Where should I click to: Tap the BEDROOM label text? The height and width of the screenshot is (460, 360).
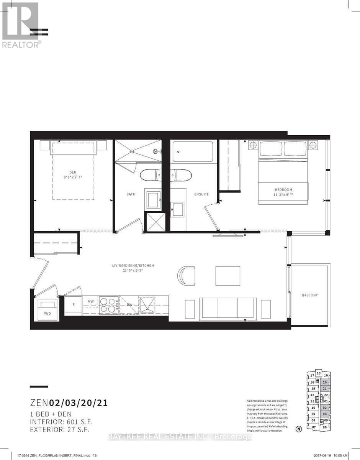point(283,189)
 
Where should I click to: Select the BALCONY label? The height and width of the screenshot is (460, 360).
point(310,295)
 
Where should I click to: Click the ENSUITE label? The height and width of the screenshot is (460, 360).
point(201,194)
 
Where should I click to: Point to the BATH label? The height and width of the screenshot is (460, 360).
point(131,194)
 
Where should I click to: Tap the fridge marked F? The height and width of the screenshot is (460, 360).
point(73,305)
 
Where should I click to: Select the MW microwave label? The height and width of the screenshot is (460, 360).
point(91,302)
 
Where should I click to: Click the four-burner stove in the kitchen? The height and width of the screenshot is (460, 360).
point(109,305)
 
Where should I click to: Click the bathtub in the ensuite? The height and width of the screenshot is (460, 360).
point(193,152)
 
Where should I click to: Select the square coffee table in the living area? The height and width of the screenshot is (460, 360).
point(228,276)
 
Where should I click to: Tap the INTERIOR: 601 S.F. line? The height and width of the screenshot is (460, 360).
point(61,422)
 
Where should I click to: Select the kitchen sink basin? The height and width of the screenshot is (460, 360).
point(146,305)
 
